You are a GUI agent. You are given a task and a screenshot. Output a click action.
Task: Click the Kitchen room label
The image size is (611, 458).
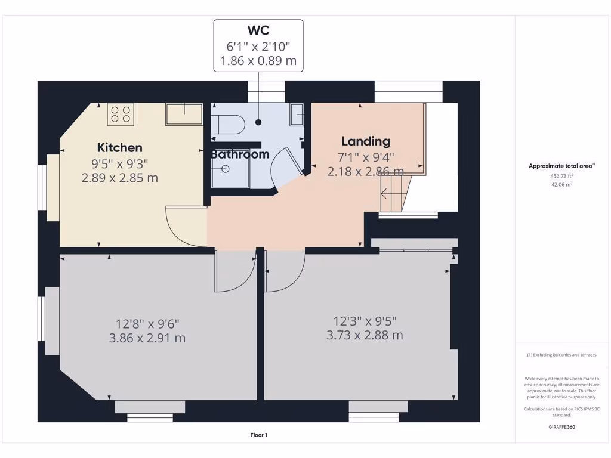120,147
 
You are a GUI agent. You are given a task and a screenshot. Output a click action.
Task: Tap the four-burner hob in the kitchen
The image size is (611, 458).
121,114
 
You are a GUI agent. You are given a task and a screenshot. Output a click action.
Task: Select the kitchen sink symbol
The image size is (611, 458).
184,114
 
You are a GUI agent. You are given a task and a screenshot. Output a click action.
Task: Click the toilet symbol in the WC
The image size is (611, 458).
230,124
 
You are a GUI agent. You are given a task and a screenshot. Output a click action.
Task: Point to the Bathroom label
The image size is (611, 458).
240,154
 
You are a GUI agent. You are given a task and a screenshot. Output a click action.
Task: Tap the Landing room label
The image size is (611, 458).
365,141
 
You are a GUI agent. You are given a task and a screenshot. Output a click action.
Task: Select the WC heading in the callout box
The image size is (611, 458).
258,30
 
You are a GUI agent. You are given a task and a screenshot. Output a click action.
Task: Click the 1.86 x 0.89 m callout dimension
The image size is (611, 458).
258,60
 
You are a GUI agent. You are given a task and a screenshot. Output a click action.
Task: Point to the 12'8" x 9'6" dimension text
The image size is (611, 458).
147,324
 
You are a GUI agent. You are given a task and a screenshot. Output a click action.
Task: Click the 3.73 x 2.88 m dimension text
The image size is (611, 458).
365,335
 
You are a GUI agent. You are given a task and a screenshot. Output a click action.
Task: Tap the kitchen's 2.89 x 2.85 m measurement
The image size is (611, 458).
120,177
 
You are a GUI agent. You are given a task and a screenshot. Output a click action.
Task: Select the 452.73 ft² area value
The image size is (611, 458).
561,176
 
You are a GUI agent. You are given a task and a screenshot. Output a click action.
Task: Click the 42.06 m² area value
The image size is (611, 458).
561,185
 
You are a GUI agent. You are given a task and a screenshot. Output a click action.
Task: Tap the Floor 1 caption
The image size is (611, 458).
258,435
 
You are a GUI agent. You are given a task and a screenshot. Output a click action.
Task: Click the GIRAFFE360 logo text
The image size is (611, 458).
561,427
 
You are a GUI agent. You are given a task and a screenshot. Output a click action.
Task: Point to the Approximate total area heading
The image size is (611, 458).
561,166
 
